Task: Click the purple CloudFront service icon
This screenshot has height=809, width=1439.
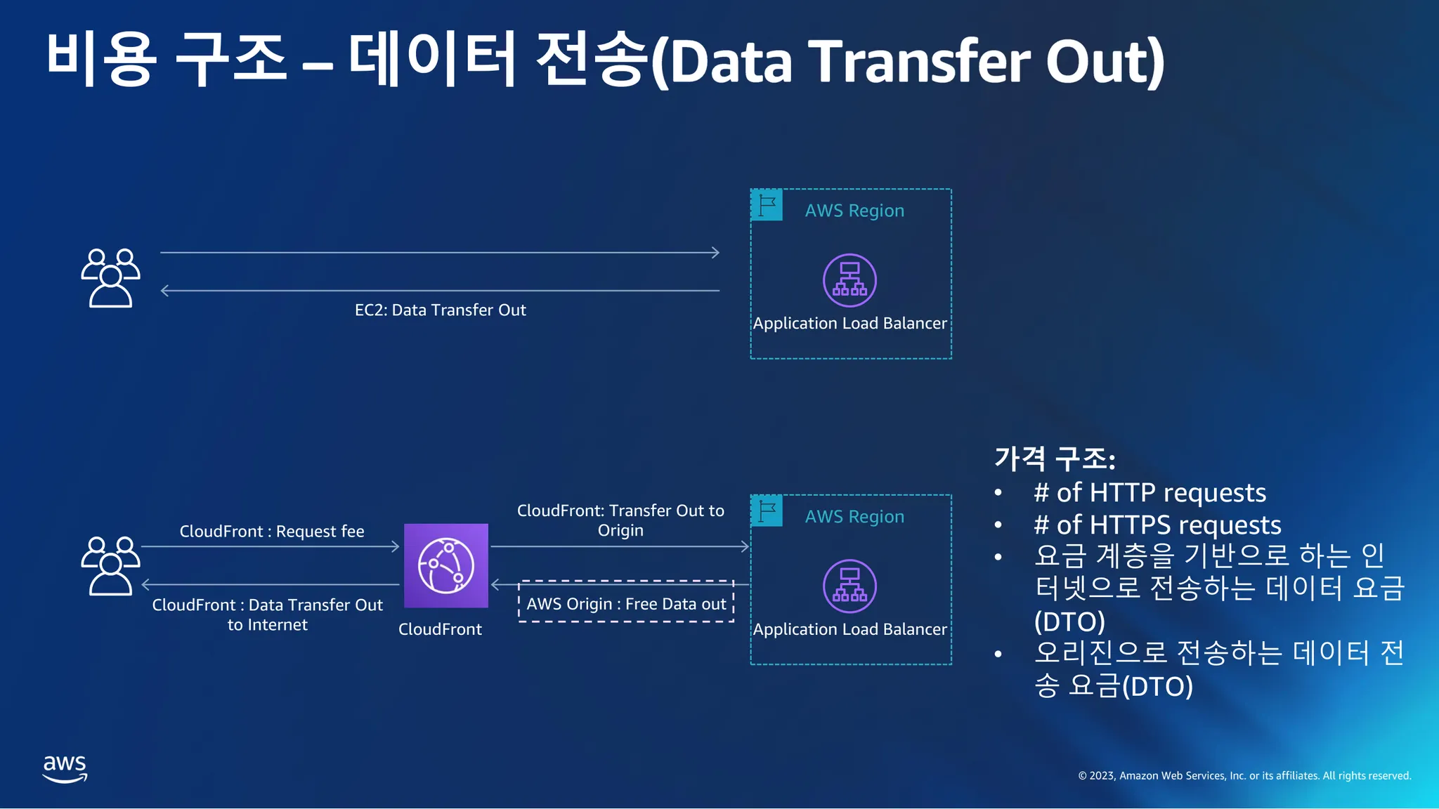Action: pyautogui.click(x=446, y=565)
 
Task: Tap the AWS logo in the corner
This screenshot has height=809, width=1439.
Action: pyautogui.click(x=65, y=769)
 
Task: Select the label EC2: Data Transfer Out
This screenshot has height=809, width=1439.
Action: pyautogui.click(x=441, y=310)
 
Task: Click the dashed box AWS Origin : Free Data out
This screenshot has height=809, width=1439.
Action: pyautogui.click(x=626, y=602)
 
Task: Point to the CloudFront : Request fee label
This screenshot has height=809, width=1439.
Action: pyautogui.click(x=272, y=532)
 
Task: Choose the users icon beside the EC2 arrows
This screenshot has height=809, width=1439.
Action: pyautogui.click(x=110, y=278)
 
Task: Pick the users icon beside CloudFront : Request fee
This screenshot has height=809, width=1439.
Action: pyautogui.click(x=110, y=566)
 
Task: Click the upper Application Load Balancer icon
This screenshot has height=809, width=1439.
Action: pyautogui.click(x=849, y=280)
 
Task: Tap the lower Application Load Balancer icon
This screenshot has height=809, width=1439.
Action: pyautogui.click(x=849, y=586)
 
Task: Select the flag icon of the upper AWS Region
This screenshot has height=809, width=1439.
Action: pyautogui.click(x=767, y=205)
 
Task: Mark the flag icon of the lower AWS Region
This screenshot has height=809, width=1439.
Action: pyautogui.click(x=767, y=511)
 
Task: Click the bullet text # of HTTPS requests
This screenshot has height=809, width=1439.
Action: pyautogui.click(x=1157, y=525)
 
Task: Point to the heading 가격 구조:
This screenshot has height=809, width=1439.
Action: pyautogui.click(x=1055, y=459)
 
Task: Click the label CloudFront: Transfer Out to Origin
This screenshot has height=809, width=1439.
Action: pyautogui.click(x=620, y=520)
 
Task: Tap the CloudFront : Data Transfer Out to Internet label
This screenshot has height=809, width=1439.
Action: pyautogui.click(x=268, y=614)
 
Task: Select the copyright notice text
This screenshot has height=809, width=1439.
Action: pyautogui.click(x=1244, y=775)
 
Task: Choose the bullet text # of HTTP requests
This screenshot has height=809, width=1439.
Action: pyautogui.click(x=1150, y=492)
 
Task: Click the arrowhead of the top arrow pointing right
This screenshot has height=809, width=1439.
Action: pyautogui.click(x=715, y=252)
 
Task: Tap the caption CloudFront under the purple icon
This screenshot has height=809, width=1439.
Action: pyautogui.click(x=440, y=629)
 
